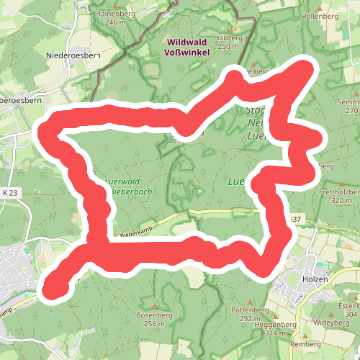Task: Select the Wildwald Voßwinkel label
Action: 188,47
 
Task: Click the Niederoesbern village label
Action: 71,55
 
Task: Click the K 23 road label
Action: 9,193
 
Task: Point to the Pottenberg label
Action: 249,310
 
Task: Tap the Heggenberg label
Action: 277,325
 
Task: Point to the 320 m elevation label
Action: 341,201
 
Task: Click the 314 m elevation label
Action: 280,333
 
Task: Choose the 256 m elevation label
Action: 154,324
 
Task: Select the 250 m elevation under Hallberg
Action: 228,46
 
